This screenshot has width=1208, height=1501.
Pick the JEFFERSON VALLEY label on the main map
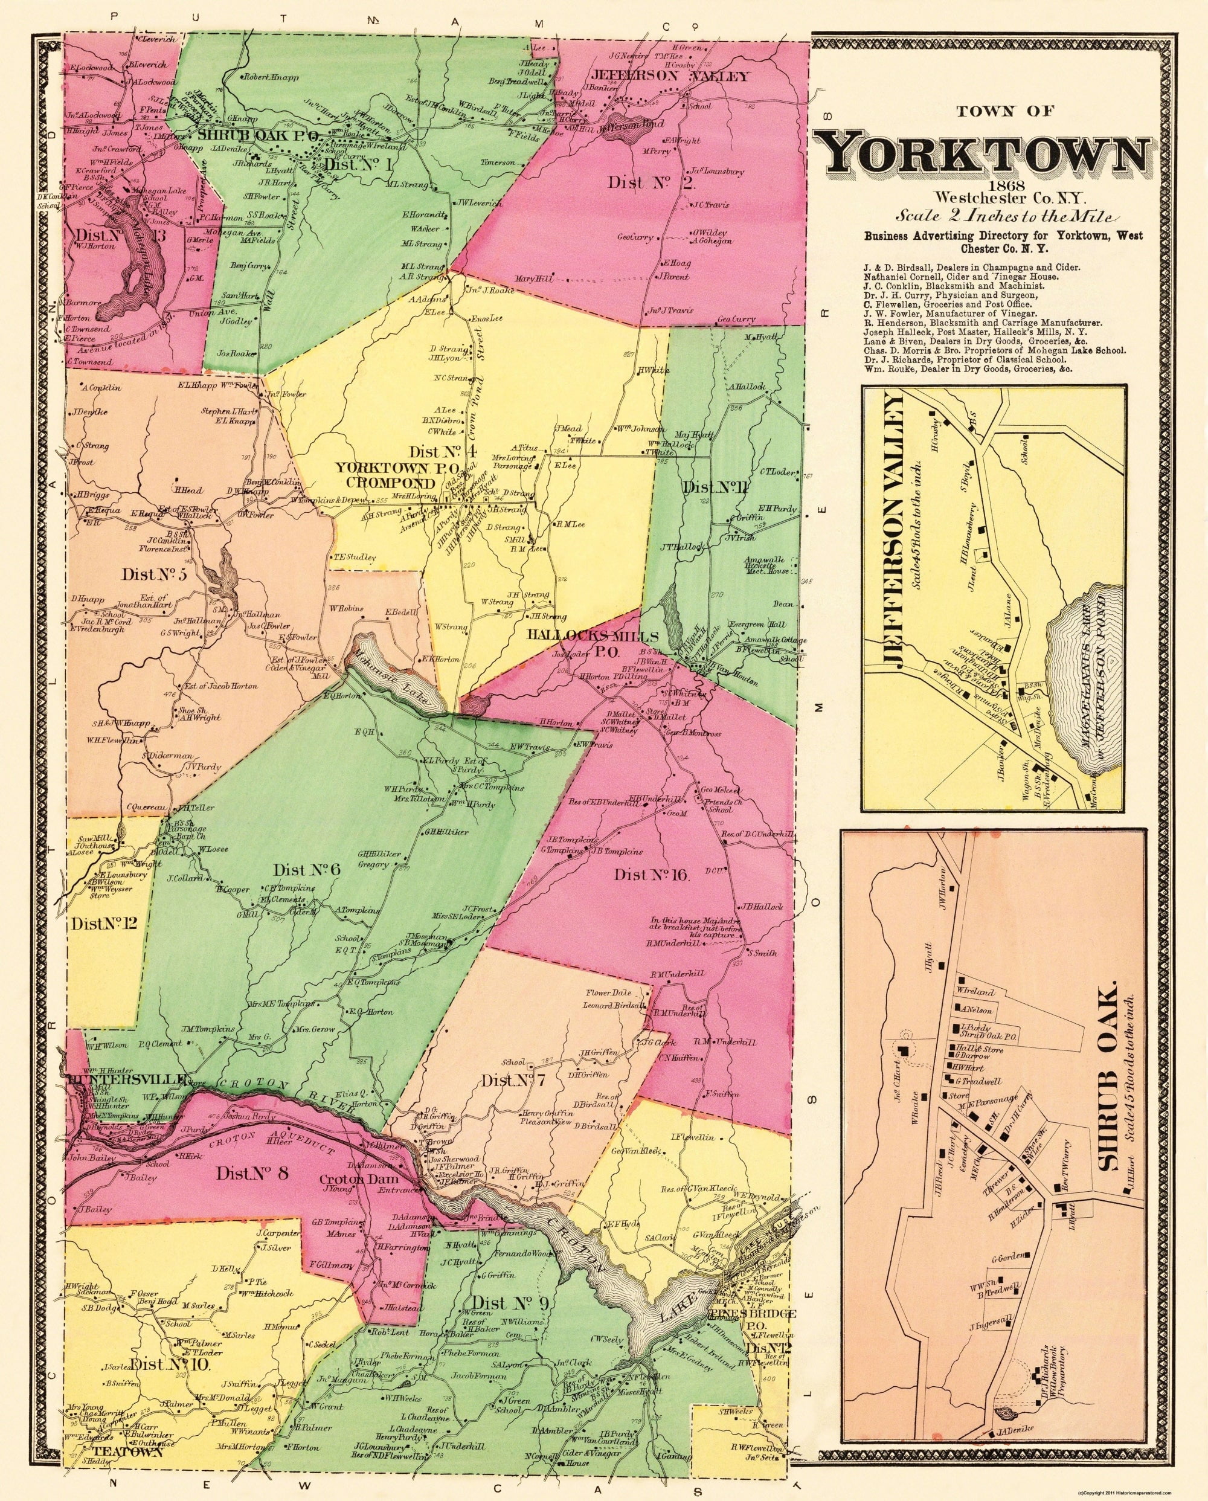tap(670, 77)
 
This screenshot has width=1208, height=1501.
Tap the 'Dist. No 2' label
tap(642, 183)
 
